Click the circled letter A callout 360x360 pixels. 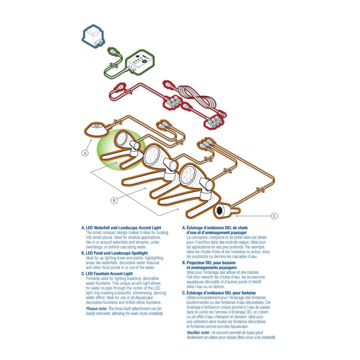(x=85, y=153)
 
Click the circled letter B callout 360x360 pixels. (x=114, y=201)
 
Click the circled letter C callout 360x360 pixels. (x=274, y=216)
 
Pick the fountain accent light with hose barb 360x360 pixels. (x=226, y=211)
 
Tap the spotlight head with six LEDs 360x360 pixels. (x=189, y=174)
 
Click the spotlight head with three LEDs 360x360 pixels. (x=153, y=154)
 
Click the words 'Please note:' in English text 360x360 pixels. (x=97, y=309)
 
